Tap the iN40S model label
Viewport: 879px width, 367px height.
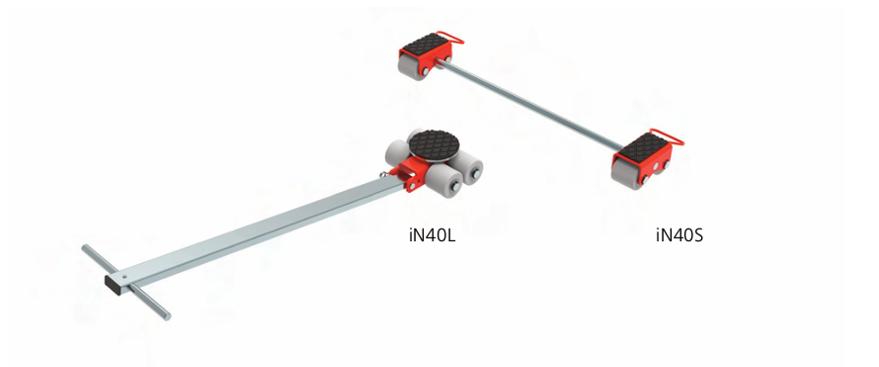click(679, 235)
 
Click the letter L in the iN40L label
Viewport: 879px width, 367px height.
click(449, 235)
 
